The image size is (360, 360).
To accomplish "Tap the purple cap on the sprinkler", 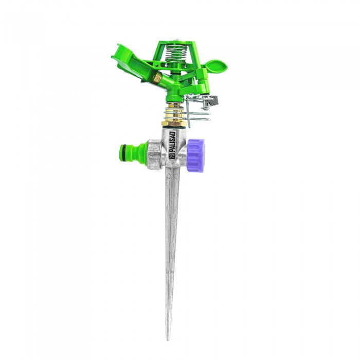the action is pos(195,155).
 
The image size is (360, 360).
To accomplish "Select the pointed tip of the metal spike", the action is pos(168,338).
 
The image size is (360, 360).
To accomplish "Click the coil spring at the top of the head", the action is pos(176,53).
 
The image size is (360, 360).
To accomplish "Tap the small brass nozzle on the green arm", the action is pos(157,78).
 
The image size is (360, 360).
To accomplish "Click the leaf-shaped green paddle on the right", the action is pos(217,65).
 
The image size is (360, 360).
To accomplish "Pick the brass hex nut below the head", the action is pos(173,123).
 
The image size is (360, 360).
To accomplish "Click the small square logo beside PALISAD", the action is pos(172,156).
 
